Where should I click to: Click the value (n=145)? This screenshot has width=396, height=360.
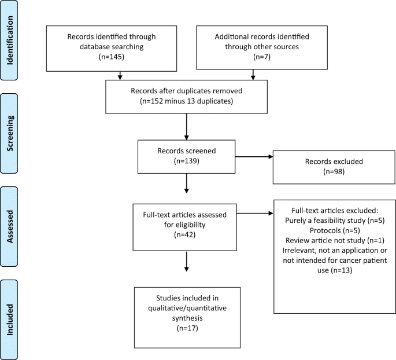pos(121,58)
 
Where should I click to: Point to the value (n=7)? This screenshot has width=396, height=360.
pos(253,58)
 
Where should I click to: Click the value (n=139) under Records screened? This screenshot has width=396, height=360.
pos(186,161)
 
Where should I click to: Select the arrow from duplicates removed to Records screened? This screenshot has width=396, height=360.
pos(186,127)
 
